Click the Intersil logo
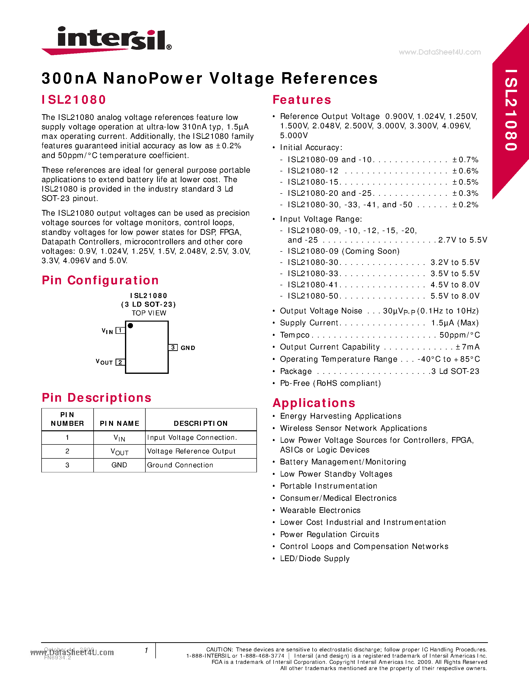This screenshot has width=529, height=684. click(x=107, y=40)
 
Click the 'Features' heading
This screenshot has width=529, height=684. click(x=301, y=100)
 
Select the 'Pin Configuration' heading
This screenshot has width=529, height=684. click(x=100, y=280)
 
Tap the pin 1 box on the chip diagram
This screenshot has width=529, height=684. click(x=120, y=330)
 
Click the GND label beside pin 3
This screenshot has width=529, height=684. click(x=188, y=348)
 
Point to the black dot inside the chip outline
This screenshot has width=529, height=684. click(x=130, y=326)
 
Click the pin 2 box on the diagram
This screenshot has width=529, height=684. click(x=120, y=362)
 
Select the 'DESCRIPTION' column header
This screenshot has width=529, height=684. click(x=201, y=423)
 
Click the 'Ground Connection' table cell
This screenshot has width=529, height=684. click(x=180, y=465)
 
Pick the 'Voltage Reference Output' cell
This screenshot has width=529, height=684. click(x=191, y=451)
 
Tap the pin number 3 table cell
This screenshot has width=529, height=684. click(x=67, y=465)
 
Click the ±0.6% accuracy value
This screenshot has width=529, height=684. click(x=465, y=171)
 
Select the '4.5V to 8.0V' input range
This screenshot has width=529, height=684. click(x=455, y=285)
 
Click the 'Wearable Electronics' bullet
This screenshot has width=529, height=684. click(x=320, y=510)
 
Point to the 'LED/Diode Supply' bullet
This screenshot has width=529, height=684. click(x=315, y=558)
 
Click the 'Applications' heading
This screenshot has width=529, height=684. click(x=314, y=403)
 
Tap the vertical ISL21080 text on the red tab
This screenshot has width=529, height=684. click(x=511, y=110)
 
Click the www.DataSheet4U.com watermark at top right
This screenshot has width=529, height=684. click(x=439, y=52)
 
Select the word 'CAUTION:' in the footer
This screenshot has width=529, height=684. click(x=219, y=649)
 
